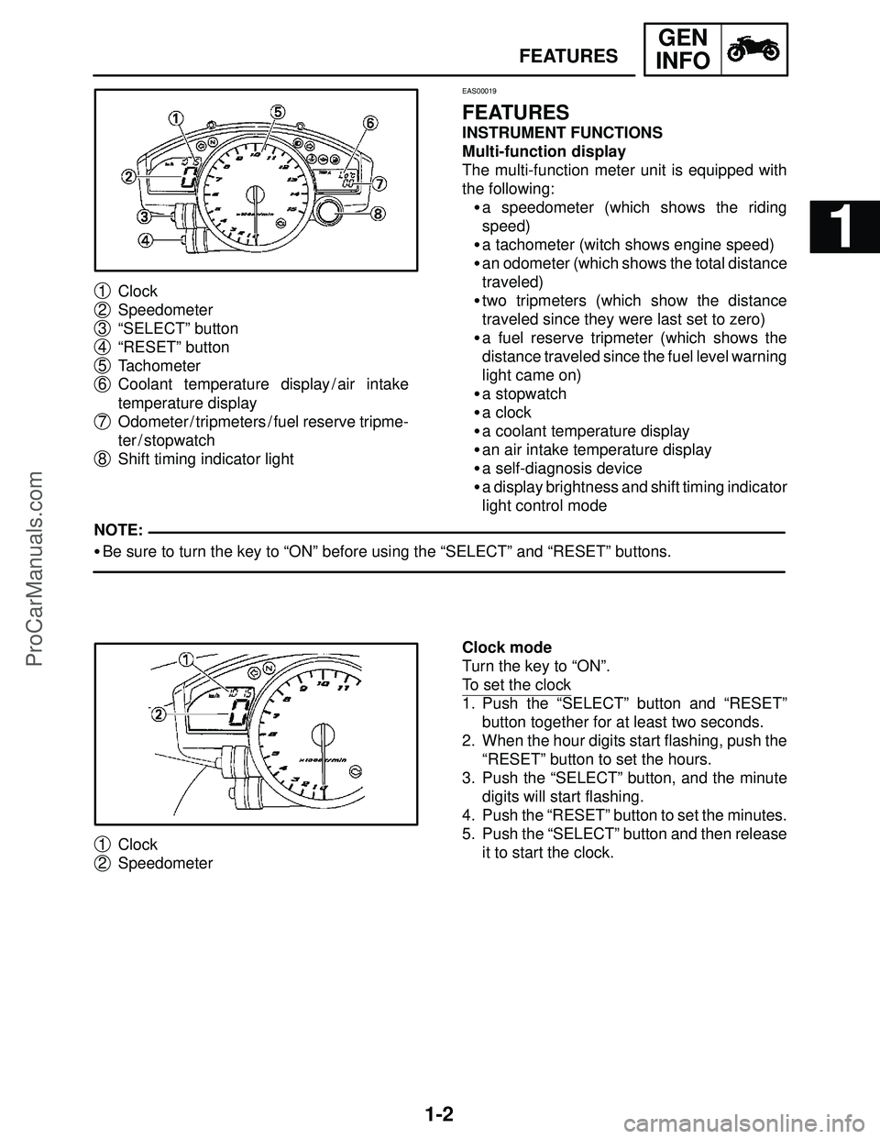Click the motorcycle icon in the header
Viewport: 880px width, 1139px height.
pyautogui.click(x=755, y=50)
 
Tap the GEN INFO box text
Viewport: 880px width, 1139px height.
pyautogui.click(x=683, y=50)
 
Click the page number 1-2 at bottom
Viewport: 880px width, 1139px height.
pyautogui.click(x=440, y=1115)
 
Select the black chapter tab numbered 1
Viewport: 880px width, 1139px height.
pyautogui.click(x=844, y=229)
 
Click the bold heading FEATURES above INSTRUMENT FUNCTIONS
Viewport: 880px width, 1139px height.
pyautogui.click(x=516, y=113)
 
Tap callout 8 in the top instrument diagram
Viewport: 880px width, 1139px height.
pyautogui.click(x=379, y=214)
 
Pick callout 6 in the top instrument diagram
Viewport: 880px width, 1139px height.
pyautogui.click(x=370, y=122)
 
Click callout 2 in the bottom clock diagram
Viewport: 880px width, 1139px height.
pyautogui.click(x=158, y=713)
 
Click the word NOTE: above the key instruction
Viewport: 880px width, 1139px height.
pyautogui.click(x=117, y=531)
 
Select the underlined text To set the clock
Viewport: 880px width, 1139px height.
pyautogui.click(x=517, y=685)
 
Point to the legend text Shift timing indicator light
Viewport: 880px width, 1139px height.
pyautogui.click(x=206, y=459)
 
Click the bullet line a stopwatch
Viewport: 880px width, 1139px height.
pyautogui.click(x=523, y=393)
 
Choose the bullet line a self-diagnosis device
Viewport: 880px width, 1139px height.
pyautogui.click(x=562, y=469)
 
